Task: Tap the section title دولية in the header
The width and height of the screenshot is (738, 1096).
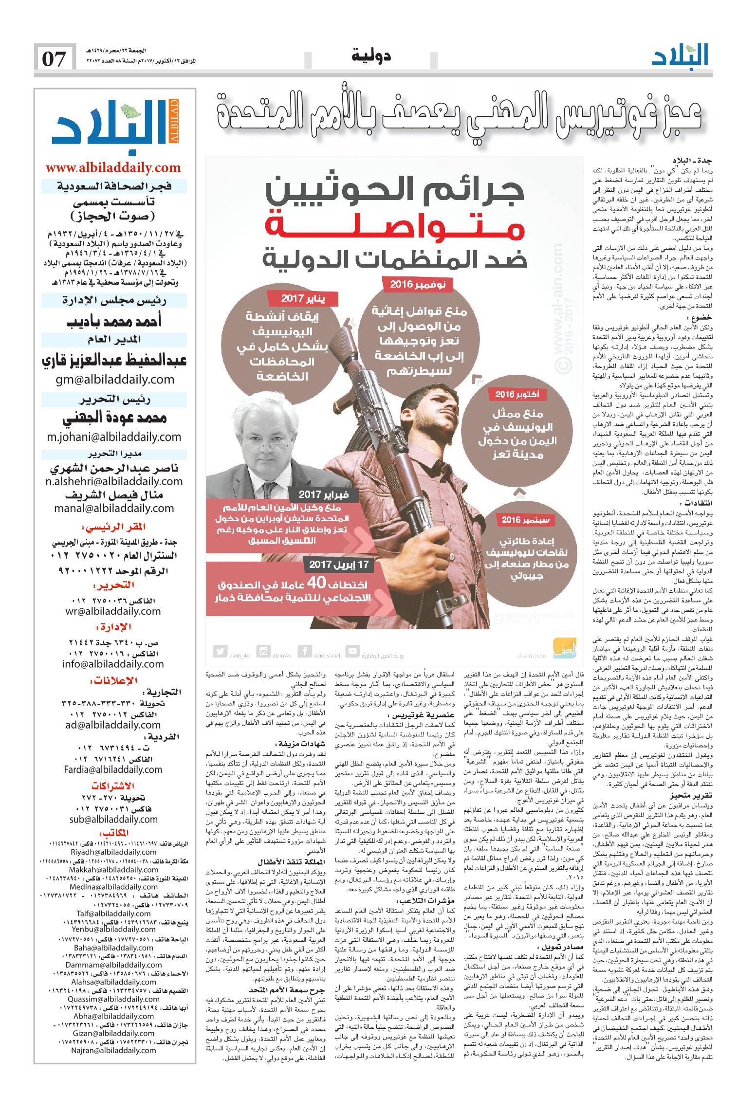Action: [372, 56]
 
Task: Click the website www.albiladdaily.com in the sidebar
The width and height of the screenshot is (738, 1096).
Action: [113, 168]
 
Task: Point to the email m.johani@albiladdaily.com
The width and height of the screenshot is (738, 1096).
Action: [114, 437]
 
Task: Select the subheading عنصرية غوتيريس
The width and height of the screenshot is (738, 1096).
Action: [422, 715]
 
